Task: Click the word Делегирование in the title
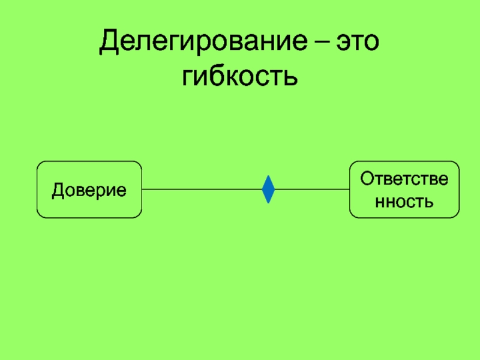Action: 203,41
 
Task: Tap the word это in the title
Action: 358,41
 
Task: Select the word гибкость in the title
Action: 239,76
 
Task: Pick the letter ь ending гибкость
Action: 290,77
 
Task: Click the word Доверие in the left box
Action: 89,190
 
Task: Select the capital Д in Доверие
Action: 58,190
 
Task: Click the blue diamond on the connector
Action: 268,190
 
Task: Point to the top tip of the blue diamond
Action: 268,176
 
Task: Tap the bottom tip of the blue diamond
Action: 268,203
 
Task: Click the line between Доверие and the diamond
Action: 202,190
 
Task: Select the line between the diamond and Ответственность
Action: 312,190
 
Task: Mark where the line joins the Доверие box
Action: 142,190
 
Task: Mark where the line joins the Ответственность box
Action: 350,190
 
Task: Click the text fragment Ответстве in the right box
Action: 404,179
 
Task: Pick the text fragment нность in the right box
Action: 404,202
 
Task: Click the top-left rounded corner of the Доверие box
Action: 40,164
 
